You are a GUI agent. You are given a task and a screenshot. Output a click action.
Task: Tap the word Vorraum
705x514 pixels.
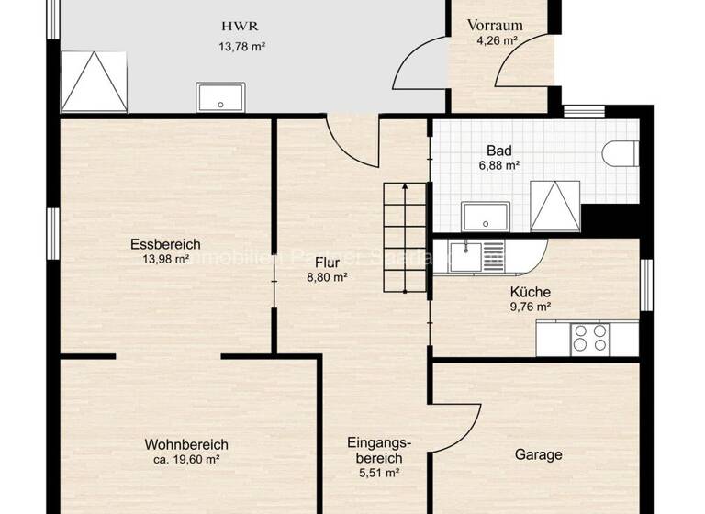494,25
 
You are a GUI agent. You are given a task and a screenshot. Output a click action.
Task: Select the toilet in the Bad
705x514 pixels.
622,153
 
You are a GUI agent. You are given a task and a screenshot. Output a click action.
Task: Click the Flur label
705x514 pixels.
327,263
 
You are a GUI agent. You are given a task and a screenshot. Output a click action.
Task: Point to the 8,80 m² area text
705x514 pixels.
327,276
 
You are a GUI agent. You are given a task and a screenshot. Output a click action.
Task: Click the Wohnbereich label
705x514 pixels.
186,444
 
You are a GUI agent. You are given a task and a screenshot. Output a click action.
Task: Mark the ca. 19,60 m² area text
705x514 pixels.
186,459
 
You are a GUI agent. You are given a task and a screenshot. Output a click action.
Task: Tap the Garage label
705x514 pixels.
538,454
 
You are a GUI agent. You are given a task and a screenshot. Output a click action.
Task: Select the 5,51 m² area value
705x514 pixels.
379,473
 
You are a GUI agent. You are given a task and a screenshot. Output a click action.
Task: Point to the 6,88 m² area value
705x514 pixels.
499,166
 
